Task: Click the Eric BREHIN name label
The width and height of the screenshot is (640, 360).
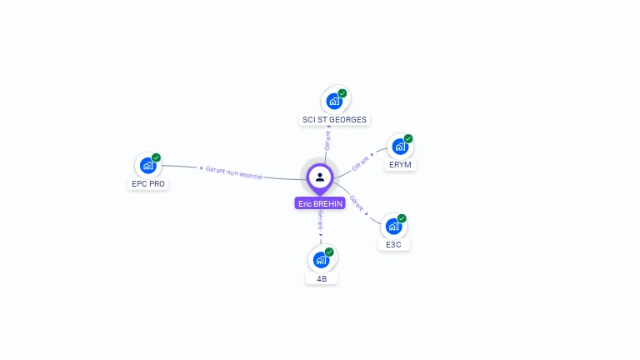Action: pyautogui.click(x=319, y=203)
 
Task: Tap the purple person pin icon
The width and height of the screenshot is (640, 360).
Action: pyautogui.click(x=320, y=177)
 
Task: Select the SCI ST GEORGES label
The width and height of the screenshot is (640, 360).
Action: pyautogui.click(x=334, y=119)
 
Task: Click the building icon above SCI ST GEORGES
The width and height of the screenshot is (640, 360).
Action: pyautogui.click(x=334, y=101)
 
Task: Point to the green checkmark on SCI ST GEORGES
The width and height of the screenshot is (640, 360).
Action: pyautogui.click(x=342, y=93)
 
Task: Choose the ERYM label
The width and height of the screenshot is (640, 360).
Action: pyautogui.click(x=400, y=165)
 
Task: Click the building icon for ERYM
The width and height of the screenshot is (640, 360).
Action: pyautogui.click(x=400, y=147)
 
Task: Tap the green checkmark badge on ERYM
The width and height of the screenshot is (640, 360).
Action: pyautogui.click(x=408, y=138)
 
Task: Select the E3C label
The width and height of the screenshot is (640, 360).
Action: pyautogui.click(x=394, y=245)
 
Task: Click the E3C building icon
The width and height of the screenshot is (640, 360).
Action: pyautogui.click(x=393, y=227)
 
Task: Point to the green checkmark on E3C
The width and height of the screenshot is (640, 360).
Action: pyautogui.click(x=402, y=218)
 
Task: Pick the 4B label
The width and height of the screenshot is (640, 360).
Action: pyautogui.click(x=322, y=278)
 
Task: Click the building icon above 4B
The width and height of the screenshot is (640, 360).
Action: pyautogui.click(x=321, y=260)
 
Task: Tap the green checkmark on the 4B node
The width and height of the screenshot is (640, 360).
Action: pyautogui.click(x=329, y=252)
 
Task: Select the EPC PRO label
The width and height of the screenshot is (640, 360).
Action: pyautogui.click(x=148, y=183)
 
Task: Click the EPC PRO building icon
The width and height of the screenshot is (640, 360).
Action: pyautogui.click(x=148, y=165)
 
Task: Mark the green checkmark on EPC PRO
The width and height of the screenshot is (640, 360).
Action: pyautogui.click(x=157, y=157)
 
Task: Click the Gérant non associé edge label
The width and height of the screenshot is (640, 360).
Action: pyautogui.click(x=233, y=172)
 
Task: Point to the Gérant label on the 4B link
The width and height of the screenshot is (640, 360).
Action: pyautogui.click(x=320, y=220)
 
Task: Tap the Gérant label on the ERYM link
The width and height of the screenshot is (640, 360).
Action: pyautogui.click(x=361, y=162)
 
